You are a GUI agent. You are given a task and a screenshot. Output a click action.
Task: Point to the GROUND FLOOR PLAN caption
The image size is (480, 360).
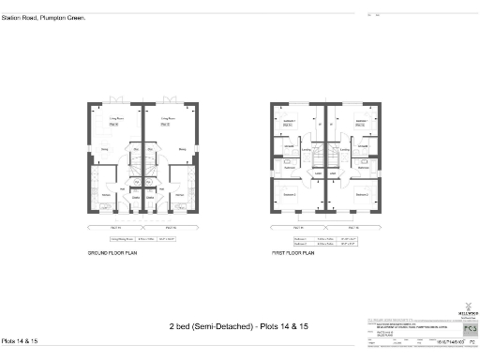click(104, 254)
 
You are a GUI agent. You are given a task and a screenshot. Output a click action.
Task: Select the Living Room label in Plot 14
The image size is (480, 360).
click(116, 120)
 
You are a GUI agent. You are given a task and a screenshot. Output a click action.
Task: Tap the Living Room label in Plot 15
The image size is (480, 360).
click(167, 120)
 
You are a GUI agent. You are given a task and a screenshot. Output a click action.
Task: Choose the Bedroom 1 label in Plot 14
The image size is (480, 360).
click(290, 123)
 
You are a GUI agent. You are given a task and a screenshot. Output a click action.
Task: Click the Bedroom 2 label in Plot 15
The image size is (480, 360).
click(361, 194)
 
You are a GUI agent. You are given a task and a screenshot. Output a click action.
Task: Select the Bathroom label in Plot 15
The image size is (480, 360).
click(362, 167)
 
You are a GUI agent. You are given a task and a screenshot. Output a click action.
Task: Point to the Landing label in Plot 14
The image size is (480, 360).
click(307, 149)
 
